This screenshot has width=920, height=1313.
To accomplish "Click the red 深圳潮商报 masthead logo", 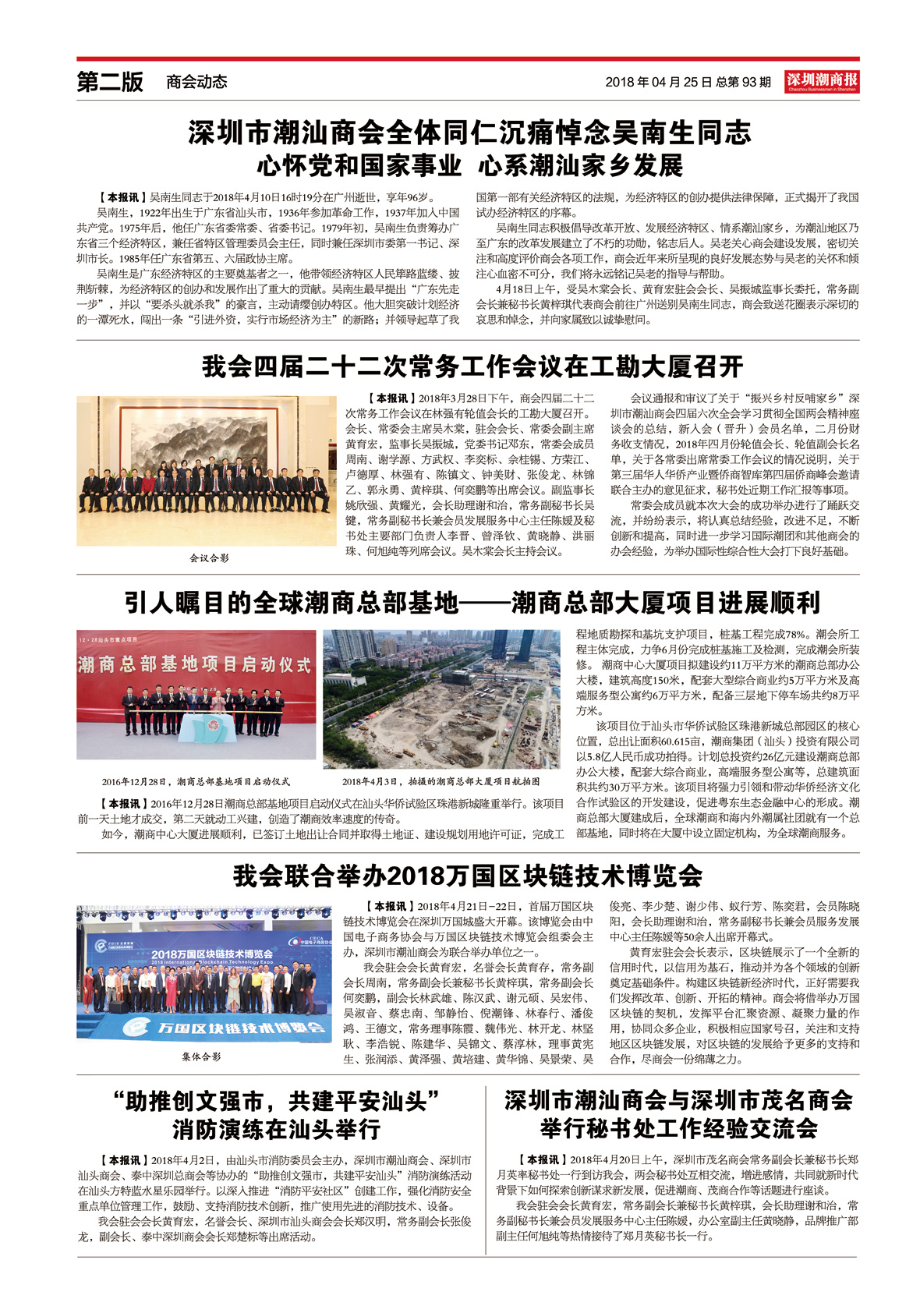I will [822, 81].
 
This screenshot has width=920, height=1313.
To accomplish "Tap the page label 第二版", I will [110, 82].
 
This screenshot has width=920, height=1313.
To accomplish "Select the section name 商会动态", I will [196, 82].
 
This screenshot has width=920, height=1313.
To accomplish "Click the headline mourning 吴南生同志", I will [469, 133].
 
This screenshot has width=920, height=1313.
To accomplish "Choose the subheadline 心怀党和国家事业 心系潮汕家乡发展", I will [469, 165].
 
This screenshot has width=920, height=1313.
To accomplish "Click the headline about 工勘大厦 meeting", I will [472, 366].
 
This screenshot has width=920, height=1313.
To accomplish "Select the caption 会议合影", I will [209, 558].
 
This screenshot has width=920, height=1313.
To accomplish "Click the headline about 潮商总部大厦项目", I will [472, 603].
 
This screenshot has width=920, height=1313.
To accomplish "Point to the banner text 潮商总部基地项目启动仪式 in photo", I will [195, 665].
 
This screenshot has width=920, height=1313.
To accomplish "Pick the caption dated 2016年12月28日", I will [196, 781].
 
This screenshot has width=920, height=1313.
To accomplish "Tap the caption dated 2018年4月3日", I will [441, 781].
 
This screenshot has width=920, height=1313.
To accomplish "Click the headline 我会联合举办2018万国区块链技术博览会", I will [468, 876].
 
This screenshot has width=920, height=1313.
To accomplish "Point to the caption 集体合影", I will [201, 1056].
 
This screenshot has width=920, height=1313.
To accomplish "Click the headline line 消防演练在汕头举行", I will [276, 1129].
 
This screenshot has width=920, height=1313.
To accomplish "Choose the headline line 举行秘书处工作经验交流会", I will [678, 1128].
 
